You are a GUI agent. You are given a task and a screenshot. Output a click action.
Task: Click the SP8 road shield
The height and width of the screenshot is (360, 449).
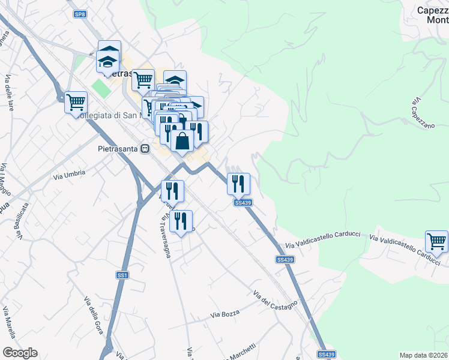coord(80,13)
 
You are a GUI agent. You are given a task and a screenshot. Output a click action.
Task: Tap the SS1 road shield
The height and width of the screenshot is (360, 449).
coord(122,275)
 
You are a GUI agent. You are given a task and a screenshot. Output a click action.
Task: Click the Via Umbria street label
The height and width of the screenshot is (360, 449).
coord(70,175)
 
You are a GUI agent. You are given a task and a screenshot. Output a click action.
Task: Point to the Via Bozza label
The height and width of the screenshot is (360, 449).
coord(224,314)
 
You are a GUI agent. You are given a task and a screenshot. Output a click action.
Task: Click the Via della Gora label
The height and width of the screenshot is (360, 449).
coord(94,316)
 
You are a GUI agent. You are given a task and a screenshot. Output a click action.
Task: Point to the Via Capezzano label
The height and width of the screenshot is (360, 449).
coord(423,114)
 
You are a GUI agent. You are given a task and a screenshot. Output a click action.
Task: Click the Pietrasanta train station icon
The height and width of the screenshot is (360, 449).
coord(145,148)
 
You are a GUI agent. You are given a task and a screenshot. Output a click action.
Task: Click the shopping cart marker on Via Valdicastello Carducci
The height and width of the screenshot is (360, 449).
coord(436,241)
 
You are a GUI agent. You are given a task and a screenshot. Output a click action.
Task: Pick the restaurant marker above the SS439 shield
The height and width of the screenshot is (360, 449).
coord(238,184)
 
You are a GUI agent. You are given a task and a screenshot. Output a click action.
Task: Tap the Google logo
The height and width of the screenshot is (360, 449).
coord(20,353)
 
